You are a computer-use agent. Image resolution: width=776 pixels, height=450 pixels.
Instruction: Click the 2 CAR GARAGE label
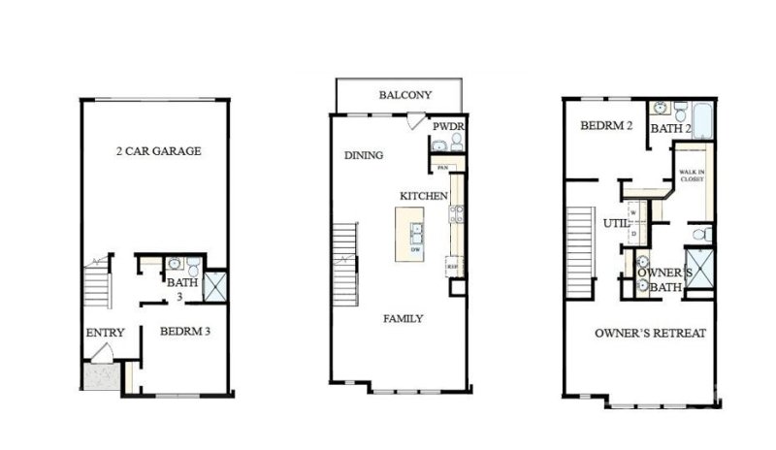pyautogui.click(x=158, y=151)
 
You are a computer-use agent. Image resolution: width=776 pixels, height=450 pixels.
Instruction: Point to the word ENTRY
pyautogui.click(x=105, y=334)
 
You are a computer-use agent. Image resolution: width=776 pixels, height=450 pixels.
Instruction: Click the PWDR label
pyautogui.click(x=447, y=126)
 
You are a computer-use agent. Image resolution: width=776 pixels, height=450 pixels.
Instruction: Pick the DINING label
pyautogui.click(x=364, y=155)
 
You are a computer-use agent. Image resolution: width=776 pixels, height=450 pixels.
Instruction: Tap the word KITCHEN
pyautogui.click(x=423, y=196)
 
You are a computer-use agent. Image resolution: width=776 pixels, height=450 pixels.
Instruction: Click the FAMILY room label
pyautogui.click(x=403, y=319)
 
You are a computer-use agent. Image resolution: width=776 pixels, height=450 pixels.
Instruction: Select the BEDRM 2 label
pyautogui.click(x=606, y=126)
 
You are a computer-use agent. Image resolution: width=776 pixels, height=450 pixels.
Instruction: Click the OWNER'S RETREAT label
pyautogui.click(x=650, y=334)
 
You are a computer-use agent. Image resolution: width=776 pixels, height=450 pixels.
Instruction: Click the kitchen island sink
pyautogui.click(x=416, y=233)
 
